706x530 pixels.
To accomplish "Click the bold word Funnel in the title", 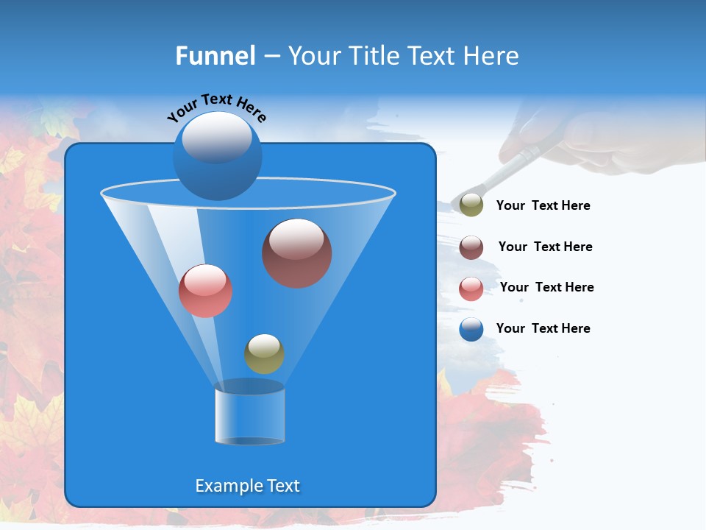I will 215,56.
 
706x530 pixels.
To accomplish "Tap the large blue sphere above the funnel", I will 217,155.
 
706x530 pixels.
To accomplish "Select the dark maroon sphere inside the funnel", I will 296,253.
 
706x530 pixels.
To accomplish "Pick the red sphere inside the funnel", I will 205,291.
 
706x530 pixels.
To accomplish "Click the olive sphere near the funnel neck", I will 264,354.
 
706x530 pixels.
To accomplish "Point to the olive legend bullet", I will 471,205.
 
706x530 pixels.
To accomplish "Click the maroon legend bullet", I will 471,247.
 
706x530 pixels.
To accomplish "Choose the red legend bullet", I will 471,289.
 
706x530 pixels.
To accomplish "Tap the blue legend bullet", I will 471,329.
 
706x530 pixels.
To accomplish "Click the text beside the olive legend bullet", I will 543,206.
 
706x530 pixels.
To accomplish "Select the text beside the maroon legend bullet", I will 545,247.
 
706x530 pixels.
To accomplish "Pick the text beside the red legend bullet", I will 546,288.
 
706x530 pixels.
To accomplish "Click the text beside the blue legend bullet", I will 543,328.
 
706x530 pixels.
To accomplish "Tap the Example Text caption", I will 247,486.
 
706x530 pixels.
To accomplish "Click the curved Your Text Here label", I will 216,107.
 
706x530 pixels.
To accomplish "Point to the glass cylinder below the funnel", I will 249,416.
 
